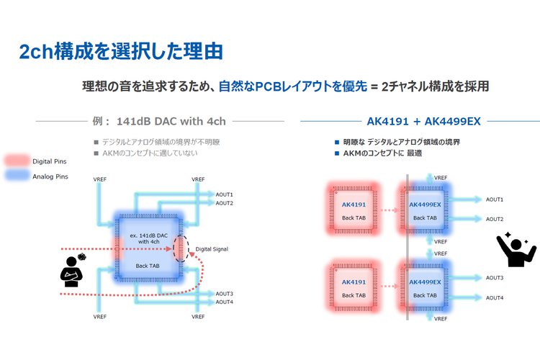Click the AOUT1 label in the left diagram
coord(225,194)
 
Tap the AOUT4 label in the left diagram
coord(225,302)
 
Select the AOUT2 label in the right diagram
coord(494,219)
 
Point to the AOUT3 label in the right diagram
coord(494,277)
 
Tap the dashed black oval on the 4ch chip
coord(181,248)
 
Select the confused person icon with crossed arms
coord(72,269)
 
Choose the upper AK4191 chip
coord(354,210)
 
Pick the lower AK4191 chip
coord(354,289)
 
